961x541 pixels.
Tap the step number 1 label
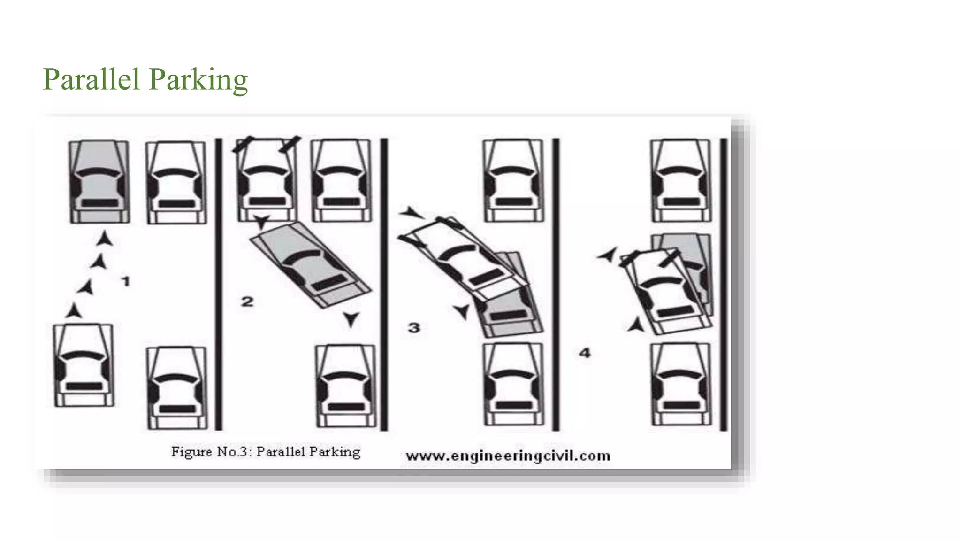(125, 281)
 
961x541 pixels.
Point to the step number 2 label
(247, 301)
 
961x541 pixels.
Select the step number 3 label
(414, 327)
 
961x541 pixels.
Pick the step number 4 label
(584, 353)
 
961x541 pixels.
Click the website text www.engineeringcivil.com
(508, 456)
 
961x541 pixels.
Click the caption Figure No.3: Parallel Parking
(266, 452)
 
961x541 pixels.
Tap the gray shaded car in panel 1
(99, 181)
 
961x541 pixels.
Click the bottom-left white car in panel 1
(84, 365)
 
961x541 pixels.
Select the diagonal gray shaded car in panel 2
(310, 265)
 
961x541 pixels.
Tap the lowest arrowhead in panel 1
(73, 311)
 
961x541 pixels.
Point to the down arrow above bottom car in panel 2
(351, 320)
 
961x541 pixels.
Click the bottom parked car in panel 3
(513, 384)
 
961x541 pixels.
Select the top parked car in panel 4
(680, 180)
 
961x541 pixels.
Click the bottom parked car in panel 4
(681, 384)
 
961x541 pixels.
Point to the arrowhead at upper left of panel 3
(412, 213)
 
